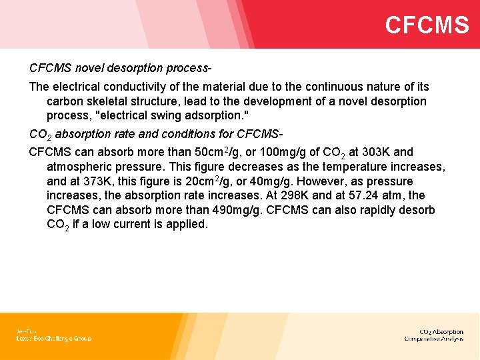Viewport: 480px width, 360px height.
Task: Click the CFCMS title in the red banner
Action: pos(427,25)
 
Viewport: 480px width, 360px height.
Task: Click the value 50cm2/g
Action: pos(208,152)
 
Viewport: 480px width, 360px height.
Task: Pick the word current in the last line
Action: pos(133,225)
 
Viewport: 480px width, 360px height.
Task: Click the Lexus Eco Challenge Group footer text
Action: pos(53,339)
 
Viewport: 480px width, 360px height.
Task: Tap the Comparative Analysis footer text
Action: pos(434,339)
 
